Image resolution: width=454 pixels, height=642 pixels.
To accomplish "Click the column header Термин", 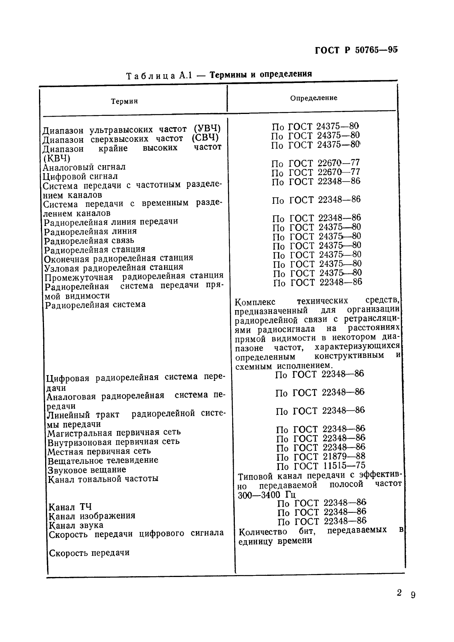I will [x=124, y=101].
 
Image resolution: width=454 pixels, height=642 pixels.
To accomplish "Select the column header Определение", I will [x=314, y=98].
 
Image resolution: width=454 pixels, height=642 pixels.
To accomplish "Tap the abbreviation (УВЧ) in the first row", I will [x=207, y=129].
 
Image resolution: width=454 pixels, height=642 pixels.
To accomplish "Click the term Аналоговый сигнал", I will [x=84, y=167].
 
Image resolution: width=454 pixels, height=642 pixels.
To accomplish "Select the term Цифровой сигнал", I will [x=80, y=176].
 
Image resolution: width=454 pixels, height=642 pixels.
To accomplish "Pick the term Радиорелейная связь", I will [x=89, y=241].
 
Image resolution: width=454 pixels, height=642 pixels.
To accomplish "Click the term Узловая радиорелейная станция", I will [x=114, y=267].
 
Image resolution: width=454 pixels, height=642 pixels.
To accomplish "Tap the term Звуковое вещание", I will [x=87, y=470].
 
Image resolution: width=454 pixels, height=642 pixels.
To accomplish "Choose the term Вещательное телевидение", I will [x=103, y=460].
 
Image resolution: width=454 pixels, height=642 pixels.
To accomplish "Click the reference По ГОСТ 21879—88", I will [x=321, y=457].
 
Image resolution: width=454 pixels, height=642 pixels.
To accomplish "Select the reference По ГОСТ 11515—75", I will [x=321, y=466].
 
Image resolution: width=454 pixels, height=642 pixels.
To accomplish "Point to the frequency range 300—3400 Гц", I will [x=264, y=495].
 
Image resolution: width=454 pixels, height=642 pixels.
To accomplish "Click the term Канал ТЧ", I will [x=70, y=507].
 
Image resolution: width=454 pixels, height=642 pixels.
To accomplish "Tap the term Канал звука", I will [x=76, y=525].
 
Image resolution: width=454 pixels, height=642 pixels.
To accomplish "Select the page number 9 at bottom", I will [x=413, y=595].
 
